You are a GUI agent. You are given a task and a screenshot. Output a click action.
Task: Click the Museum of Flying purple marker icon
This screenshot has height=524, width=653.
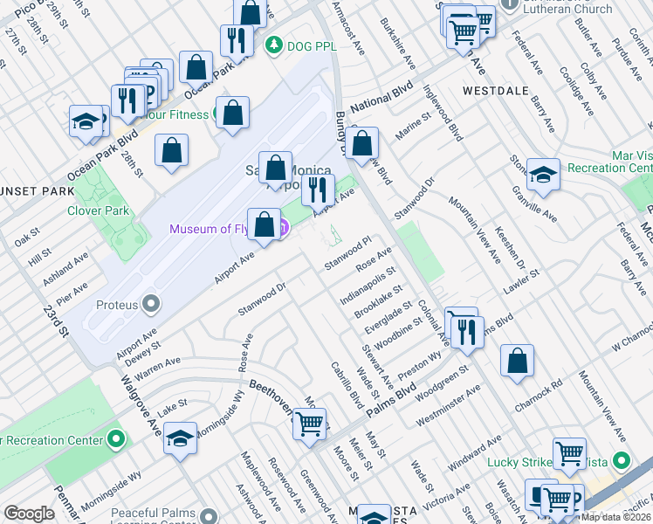[x=283, y=229]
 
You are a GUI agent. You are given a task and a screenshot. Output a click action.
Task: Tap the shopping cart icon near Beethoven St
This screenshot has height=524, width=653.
[x=309, y=424]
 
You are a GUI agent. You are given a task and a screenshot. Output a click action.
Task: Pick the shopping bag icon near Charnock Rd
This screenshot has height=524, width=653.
[x=518, y=360]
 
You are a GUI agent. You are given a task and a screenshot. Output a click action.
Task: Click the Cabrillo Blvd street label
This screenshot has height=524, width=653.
[x=347, y=386]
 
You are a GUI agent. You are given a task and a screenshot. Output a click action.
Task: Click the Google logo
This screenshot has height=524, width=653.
[x=29, y=514]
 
